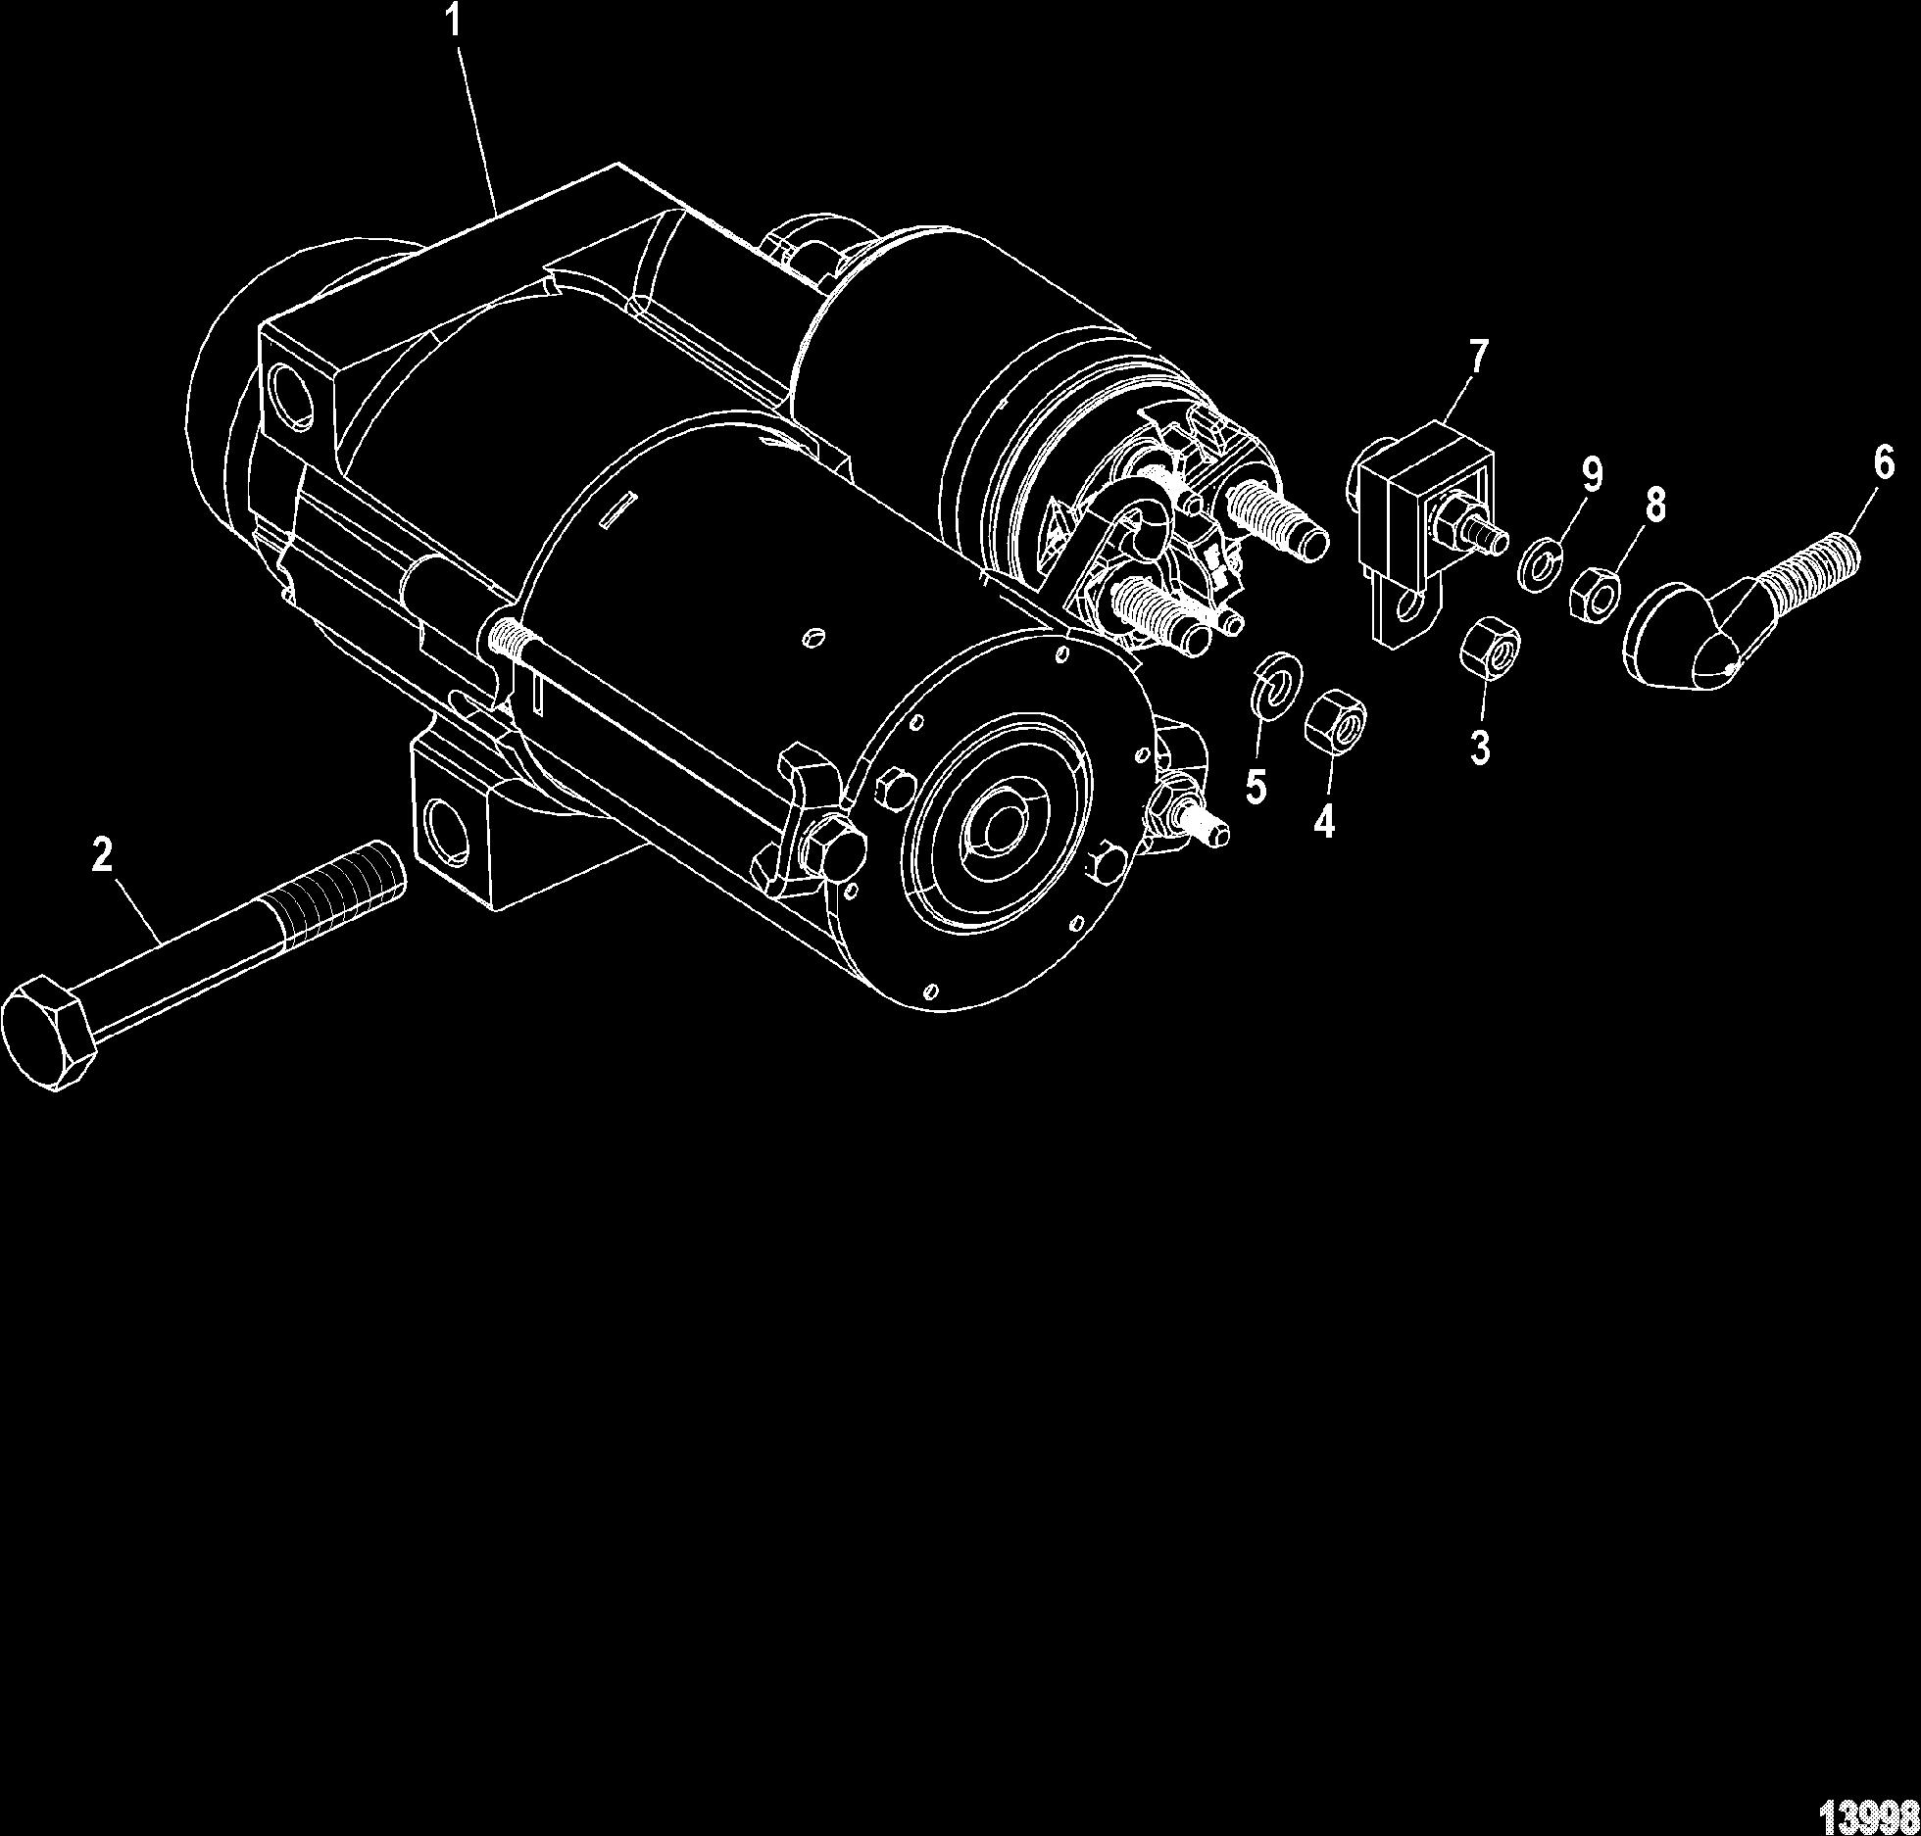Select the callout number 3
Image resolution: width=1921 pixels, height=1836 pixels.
[x=1480, y=748]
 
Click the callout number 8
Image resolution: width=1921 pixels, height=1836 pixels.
[x=1653, y=505]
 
